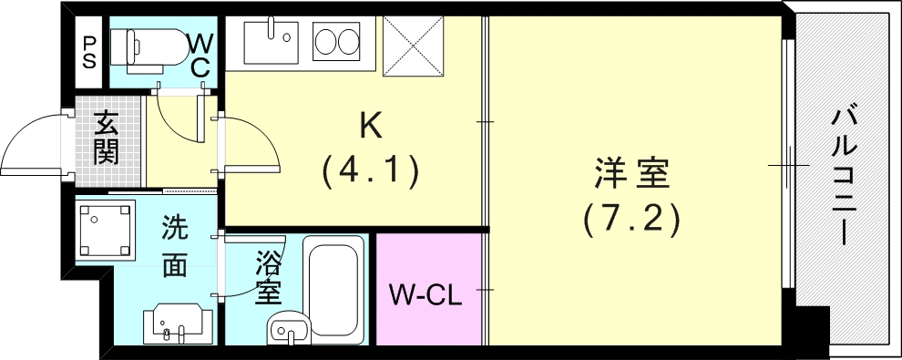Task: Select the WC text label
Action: click(200, 55)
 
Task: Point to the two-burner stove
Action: click(336, 42)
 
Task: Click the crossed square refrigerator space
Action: click(412, 46)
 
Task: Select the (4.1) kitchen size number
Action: click(369, 170)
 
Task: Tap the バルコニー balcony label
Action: click(843, 177)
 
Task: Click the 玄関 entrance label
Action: click(107, 137)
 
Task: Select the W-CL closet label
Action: click(426, 294)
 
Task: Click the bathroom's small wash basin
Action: click(291, 328)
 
